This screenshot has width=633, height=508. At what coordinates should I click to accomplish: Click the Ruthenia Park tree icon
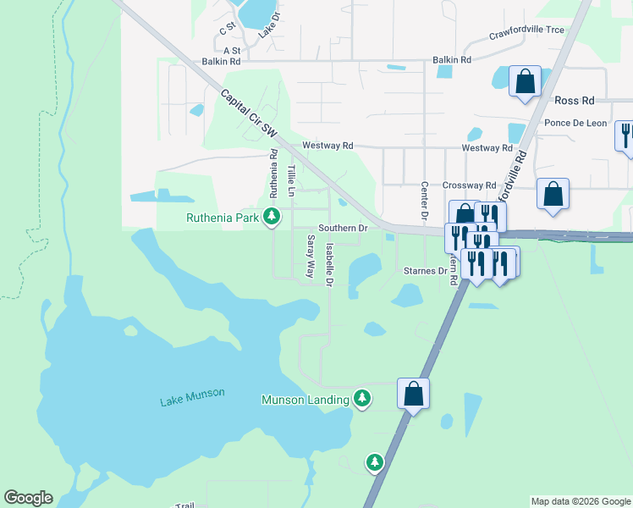point(272,218)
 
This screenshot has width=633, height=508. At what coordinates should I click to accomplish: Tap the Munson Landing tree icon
point(362,398)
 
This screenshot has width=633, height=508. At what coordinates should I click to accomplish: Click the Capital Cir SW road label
point(250,115)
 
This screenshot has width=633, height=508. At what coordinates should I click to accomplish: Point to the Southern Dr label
point(342,229)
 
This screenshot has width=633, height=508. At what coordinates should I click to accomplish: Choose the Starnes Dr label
point(425,271)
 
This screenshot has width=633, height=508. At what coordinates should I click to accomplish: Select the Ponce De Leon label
point(575,123)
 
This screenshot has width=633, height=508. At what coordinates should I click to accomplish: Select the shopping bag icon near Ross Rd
point(526,82)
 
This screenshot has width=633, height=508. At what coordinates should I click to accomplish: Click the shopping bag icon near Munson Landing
point(413,393)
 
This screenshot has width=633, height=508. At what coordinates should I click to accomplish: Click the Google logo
point(28,498)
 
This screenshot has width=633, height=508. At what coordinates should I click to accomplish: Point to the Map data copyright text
point(581,501)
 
